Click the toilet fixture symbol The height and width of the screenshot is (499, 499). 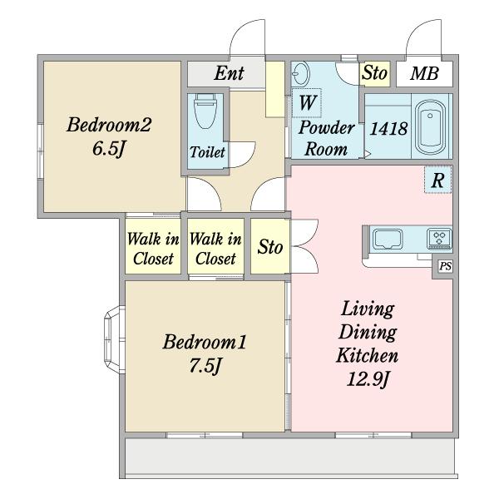[x=205, y=111]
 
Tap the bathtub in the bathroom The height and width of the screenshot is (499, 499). [x=430, y=127]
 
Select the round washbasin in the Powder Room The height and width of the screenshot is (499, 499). [x=300, y=73]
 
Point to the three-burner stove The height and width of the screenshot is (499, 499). [x=439, y=238]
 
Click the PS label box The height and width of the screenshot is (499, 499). [x=445, y=266]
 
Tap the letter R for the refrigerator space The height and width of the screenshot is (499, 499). [x=437, y=180]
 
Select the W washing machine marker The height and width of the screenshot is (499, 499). [x=307, y=102]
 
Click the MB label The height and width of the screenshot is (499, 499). [x=424, y=73]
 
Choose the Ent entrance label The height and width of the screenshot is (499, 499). [x=230, y=73]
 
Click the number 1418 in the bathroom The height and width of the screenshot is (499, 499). [x=388, y=129]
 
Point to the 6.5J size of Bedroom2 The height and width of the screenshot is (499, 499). [x=108, y=149]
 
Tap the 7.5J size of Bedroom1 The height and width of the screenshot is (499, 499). [x=205, y=365]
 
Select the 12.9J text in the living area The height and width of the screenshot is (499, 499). [x=368, y=379]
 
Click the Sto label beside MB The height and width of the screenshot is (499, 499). [x=374, y=72]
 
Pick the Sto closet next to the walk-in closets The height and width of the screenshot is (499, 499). [x=270, y=246]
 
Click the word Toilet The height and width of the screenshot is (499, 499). [x=207, y=152]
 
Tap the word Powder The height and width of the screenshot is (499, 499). [x=326, y=128]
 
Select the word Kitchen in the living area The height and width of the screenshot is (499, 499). [x=368, y=355]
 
